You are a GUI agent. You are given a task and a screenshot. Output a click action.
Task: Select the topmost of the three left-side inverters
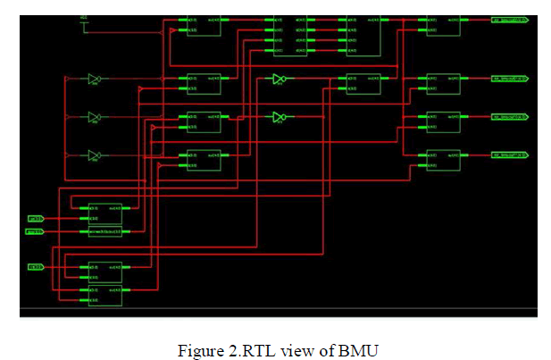(x=94, y=79)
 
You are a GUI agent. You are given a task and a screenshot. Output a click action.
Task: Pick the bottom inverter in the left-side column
(x=94, y=155)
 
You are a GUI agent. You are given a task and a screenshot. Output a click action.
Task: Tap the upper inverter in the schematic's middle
(x=280, y=80)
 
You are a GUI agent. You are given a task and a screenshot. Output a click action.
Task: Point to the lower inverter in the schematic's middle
(x=280, y=116)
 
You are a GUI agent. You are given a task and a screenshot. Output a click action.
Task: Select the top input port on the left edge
(x=36, y=217)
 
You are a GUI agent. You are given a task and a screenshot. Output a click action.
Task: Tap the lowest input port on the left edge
(x=36, y=267)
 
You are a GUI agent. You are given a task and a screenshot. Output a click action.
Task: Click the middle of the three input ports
(x=36, y=231)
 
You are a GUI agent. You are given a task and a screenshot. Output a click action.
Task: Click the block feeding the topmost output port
(x=443, y=24)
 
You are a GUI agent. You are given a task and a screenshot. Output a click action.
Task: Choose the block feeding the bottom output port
(x=443, y=160)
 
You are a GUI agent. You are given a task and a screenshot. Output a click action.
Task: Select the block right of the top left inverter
(x=204, y=83)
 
